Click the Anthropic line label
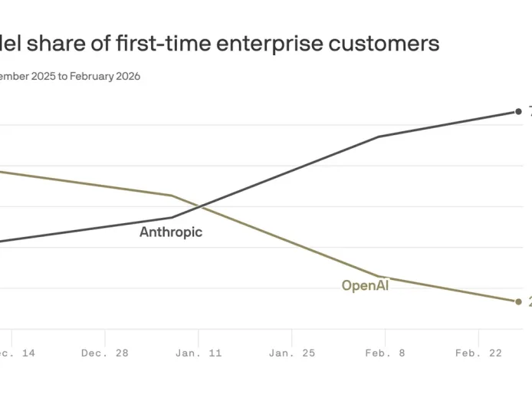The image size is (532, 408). click(170, 232)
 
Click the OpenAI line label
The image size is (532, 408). click(365, 286)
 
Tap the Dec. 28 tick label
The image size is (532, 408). click(105, 354)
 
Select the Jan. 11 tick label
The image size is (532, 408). click(199, 354)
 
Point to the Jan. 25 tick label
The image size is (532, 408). click(291, 354)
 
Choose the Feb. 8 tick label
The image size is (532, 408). click(385, 354)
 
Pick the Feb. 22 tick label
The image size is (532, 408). click(478, 354)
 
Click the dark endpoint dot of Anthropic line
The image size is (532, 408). click(518, 112)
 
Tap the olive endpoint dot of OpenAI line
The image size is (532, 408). click(518, 301)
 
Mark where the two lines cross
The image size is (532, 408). click(200, 206)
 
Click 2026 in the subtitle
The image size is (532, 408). click(125, 76)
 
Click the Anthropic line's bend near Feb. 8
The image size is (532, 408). click(379, 137)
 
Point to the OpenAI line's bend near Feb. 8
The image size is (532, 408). click(380, 276)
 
